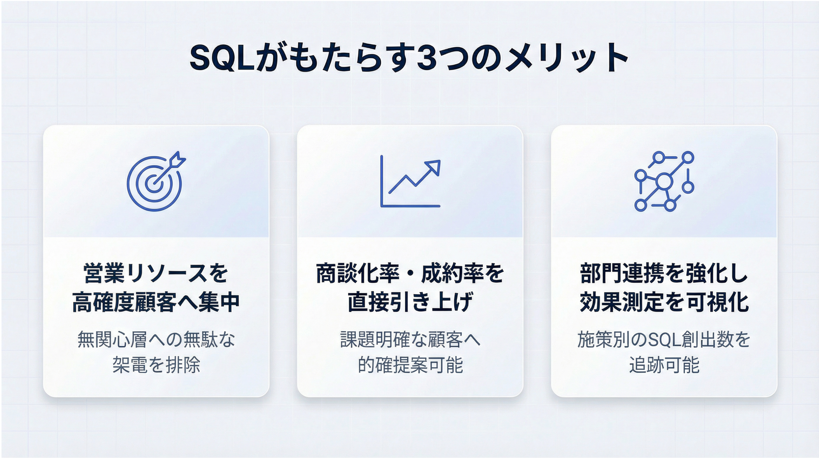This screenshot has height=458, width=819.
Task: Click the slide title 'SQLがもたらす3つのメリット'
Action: (x=409, y=58)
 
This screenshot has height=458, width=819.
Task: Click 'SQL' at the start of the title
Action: (x=223, y=59)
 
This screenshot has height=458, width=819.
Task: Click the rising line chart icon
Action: (x=410, y=181)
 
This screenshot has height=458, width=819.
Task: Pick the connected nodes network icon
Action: (x=664, y=181)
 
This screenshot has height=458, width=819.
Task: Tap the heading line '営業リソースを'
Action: (x=156, y=273)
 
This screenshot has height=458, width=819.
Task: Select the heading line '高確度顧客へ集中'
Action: (x=156, y=302)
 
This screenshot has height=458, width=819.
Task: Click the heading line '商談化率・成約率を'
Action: (x=410, y=273)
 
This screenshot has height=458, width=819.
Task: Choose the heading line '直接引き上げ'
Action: (x=410, y=302)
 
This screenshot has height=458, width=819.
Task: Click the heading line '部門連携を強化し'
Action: (x=664, y=273)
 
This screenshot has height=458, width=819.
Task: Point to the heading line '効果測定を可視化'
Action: (x=664, y=302)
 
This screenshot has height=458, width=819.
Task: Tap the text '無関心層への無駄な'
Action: (x=156, y=340)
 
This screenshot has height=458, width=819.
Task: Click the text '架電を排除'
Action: (x=156, y=365)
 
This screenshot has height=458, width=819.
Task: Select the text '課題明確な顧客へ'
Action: (x=410, y=340)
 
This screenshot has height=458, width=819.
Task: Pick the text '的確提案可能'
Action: (x=410, y=365)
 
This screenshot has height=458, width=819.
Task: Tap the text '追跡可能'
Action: (x=664, y=365)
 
